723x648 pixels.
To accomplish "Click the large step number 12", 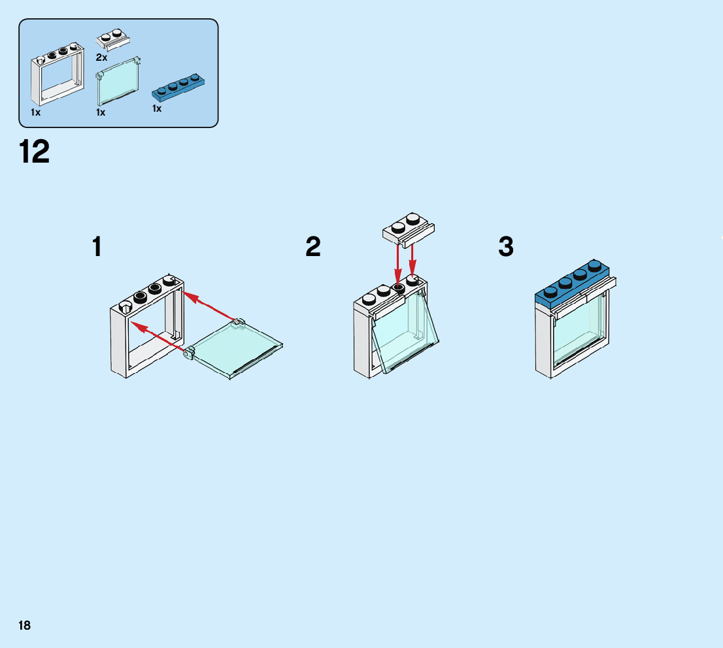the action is pyautogui.click(x=35, y=153).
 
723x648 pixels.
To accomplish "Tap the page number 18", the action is pyautogui.click(x=24, y=626).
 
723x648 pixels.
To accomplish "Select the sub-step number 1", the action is pyautogui.click(x=97, y=247).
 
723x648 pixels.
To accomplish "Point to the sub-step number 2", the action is pyautogui.click(x=313, y=247).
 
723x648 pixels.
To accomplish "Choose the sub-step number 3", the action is pyautogui.click(x=505, y=247).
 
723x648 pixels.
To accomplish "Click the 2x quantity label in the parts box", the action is pyautogui.click(x=101, y=57).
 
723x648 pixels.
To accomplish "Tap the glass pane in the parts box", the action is pyautogui.click(x=118, y=82).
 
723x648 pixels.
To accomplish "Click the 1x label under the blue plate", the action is pyautogui.click(x=157, y=108).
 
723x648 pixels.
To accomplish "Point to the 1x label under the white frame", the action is pyautogui.click(x=36, y=112).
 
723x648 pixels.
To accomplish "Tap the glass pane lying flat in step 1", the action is pyautogui.click(x=237, y=349).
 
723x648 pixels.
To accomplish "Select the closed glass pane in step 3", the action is pyautogui.click(x=577, y=333).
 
